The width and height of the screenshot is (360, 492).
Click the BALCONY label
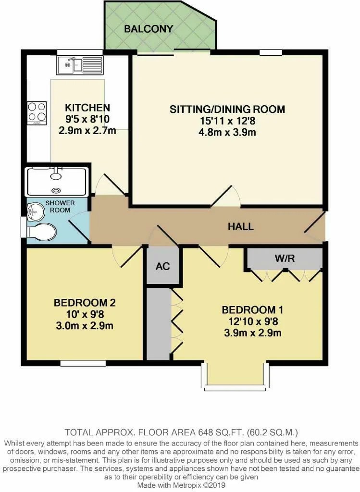[x=149, y=29]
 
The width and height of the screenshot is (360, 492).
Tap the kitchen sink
[x=80, y=65]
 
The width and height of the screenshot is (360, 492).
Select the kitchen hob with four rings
[x=37, y=112]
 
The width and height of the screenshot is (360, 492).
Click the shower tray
[x=57, y=182]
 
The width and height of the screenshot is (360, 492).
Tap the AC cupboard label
[x=162, y=266]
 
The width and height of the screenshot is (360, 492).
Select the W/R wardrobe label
[x=285, y=258]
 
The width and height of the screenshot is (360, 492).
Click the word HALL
[x=240, y=227]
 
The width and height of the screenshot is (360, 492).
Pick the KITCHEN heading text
[x=87, y=108]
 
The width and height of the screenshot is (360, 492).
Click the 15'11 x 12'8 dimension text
[x=227, y=121]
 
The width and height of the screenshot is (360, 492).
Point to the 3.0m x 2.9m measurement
[x=85, y=326]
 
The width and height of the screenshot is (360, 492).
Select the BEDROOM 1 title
[x=252, y=310]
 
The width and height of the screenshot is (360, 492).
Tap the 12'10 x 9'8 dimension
[x=252, y=321]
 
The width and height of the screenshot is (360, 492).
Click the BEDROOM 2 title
[x=85, y=303]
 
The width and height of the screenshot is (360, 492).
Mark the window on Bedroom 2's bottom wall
[x=83, y=363]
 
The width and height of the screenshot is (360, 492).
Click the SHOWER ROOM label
[x=60, y=207]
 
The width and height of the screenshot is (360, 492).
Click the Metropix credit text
[x=181, y=485]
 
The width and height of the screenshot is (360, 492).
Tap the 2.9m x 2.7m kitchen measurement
[x=87, y=130]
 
